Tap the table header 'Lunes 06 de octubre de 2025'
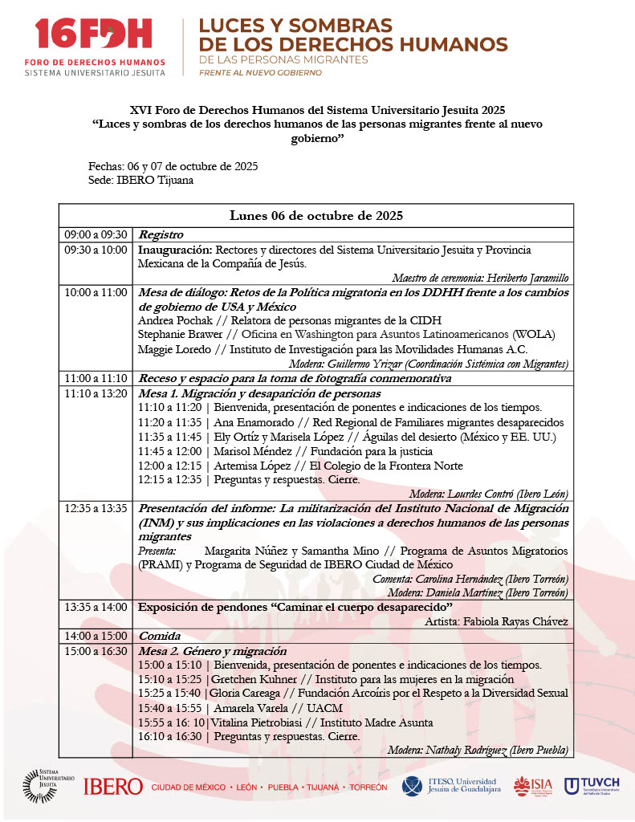tap(315, 216)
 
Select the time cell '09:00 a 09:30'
tap(96, 235)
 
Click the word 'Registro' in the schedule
tap(161, 235)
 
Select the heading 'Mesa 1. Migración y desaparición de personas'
tap(259, 394)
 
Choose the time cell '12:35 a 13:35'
tap(96, 509)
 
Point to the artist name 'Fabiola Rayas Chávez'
tap(516, 621)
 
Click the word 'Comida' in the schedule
tap(159, 636)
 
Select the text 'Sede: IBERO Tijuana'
tap(140, 180)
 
